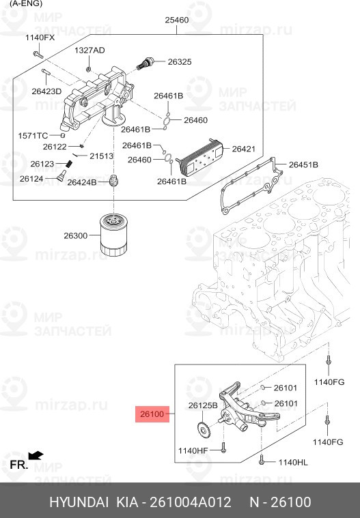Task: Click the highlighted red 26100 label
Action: point(152,414)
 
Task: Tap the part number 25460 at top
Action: point(176,20)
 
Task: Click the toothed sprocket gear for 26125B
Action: point(202,431)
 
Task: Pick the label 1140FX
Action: point(40,38)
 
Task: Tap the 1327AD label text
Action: point(89,51)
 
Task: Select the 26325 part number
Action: point(180,61)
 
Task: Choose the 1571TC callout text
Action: point(32,136)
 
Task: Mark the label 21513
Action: point(101,156)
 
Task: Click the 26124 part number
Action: point(31,179)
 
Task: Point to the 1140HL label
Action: point(293,462)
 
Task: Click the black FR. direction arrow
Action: point(36,455)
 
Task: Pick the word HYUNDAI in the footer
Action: point(79,502)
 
